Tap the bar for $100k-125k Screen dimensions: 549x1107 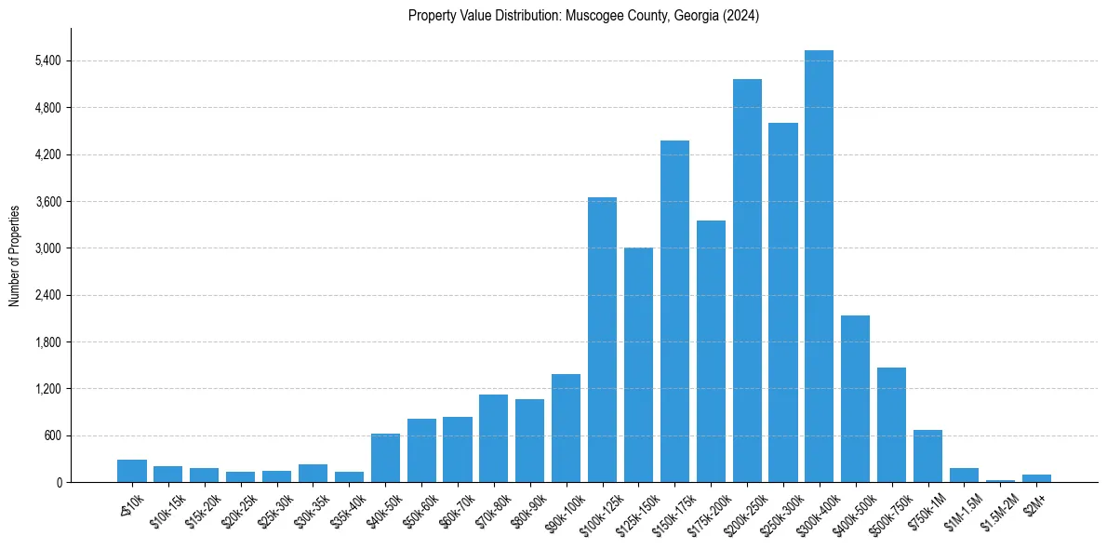click(602, 340)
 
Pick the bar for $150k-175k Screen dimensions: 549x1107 click(674, 312)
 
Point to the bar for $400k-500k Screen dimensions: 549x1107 click(855, 399)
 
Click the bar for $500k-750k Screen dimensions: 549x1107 click(891, 425)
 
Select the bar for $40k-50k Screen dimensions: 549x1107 click(385, 458)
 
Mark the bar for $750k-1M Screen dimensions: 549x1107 click(927, 456)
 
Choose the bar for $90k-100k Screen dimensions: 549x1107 click(566, 428)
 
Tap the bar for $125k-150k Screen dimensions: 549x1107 click(638, 365)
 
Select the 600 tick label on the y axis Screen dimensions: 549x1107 click(51, 435)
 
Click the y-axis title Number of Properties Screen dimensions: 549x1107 click(15, 255)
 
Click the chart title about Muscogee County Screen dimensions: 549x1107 click(584, 16)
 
